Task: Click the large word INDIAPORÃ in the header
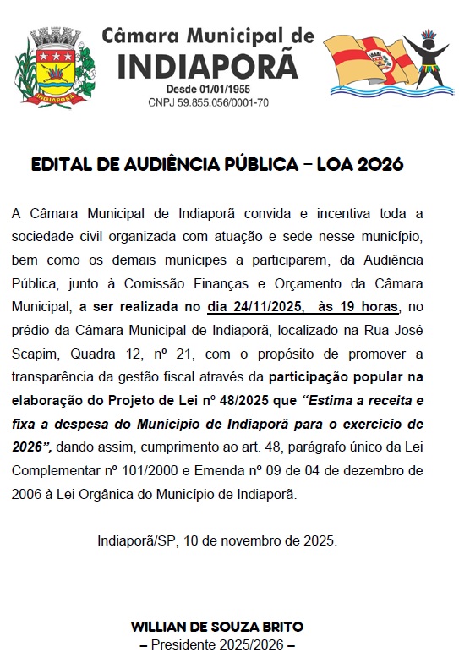click(207, 66)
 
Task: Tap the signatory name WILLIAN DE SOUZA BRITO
click(217, 628)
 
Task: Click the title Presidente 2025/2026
click(217, 644)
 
